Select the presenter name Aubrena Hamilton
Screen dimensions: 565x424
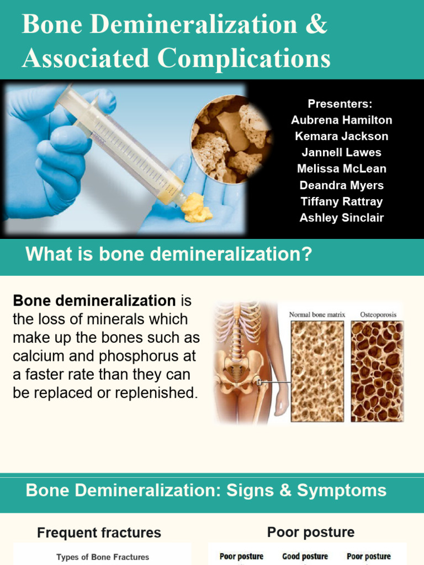pos(341,120)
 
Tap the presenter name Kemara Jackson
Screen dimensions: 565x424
pos(341,136)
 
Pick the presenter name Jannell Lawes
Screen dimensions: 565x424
pos(341,152)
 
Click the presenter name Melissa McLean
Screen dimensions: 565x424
pos(341,169)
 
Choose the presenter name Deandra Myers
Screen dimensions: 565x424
pos(341,185)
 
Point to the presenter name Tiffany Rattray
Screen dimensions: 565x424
pos(341,201)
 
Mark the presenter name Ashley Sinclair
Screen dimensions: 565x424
pos(341,218)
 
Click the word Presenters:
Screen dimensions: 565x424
pos(340,104)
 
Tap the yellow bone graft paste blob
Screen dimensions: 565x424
pos(196,207)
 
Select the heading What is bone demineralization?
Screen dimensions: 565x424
pos(169,254)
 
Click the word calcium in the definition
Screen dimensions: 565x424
pos(36,356)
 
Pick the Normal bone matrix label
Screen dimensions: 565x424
pos(317,315)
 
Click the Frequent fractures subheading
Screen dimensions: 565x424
pos(99,533)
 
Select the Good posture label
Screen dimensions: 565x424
pos(305,557)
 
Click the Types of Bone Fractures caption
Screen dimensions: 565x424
pos(103,557)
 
